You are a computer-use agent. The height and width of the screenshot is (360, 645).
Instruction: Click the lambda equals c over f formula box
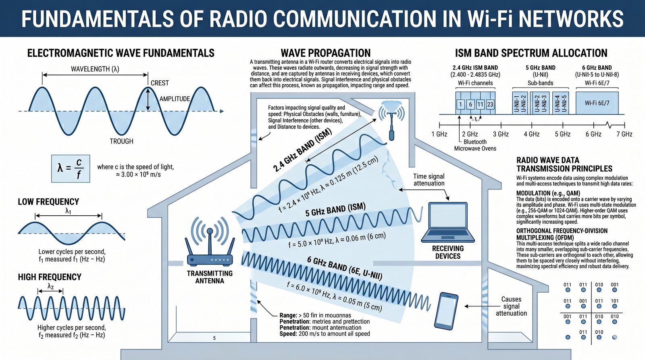click(71, 168)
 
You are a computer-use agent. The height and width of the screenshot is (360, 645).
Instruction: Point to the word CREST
click(160, 83)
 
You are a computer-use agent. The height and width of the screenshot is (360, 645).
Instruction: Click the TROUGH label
click(121, 141)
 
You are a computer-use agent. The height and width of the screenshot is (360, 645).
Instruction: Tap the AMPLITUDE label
click(175, 99)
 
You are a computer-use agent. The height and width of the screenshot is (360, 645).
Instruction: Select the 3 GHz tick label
click(501, 134)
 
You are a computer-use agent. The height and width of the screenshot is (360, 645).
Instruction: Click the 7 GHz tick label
click(624, 134)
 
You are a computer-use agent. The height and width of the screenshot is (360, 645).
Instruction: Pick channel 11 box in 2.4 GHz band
click(480, 104)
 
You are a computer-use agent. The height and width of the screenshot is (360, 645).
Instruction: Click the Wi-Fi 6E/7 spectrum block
click(597, 103)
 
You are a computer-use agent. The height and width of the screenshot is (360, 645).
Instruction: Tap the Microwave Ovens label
click(475, 148)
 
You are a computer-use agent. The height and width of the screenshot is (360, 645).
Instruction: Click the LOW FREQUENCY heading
click(48, 202)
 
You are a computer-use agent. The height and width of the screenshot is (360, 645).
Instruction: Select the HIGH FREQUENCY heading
click(50, 277)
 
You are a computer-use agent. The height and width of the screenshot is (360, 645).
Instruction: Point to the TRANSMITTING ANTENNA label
click(210, 277)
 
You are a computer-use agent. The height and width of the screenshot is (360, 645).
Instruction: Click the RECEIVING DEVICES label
click(447, 252)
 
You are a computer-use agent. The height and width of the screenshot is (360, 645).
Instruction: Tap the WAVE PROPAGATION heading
click(325, 53)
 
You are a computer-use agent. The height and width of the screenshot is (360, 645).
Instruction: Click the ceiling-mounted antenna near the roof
click(391, 117)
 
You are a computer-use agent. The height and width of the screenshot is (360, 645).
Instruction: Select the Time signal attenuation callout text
click(429, 180)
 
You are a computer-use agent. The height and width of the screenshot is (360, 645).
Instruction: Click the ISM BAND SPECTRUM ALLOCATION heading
click(531, 53)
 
